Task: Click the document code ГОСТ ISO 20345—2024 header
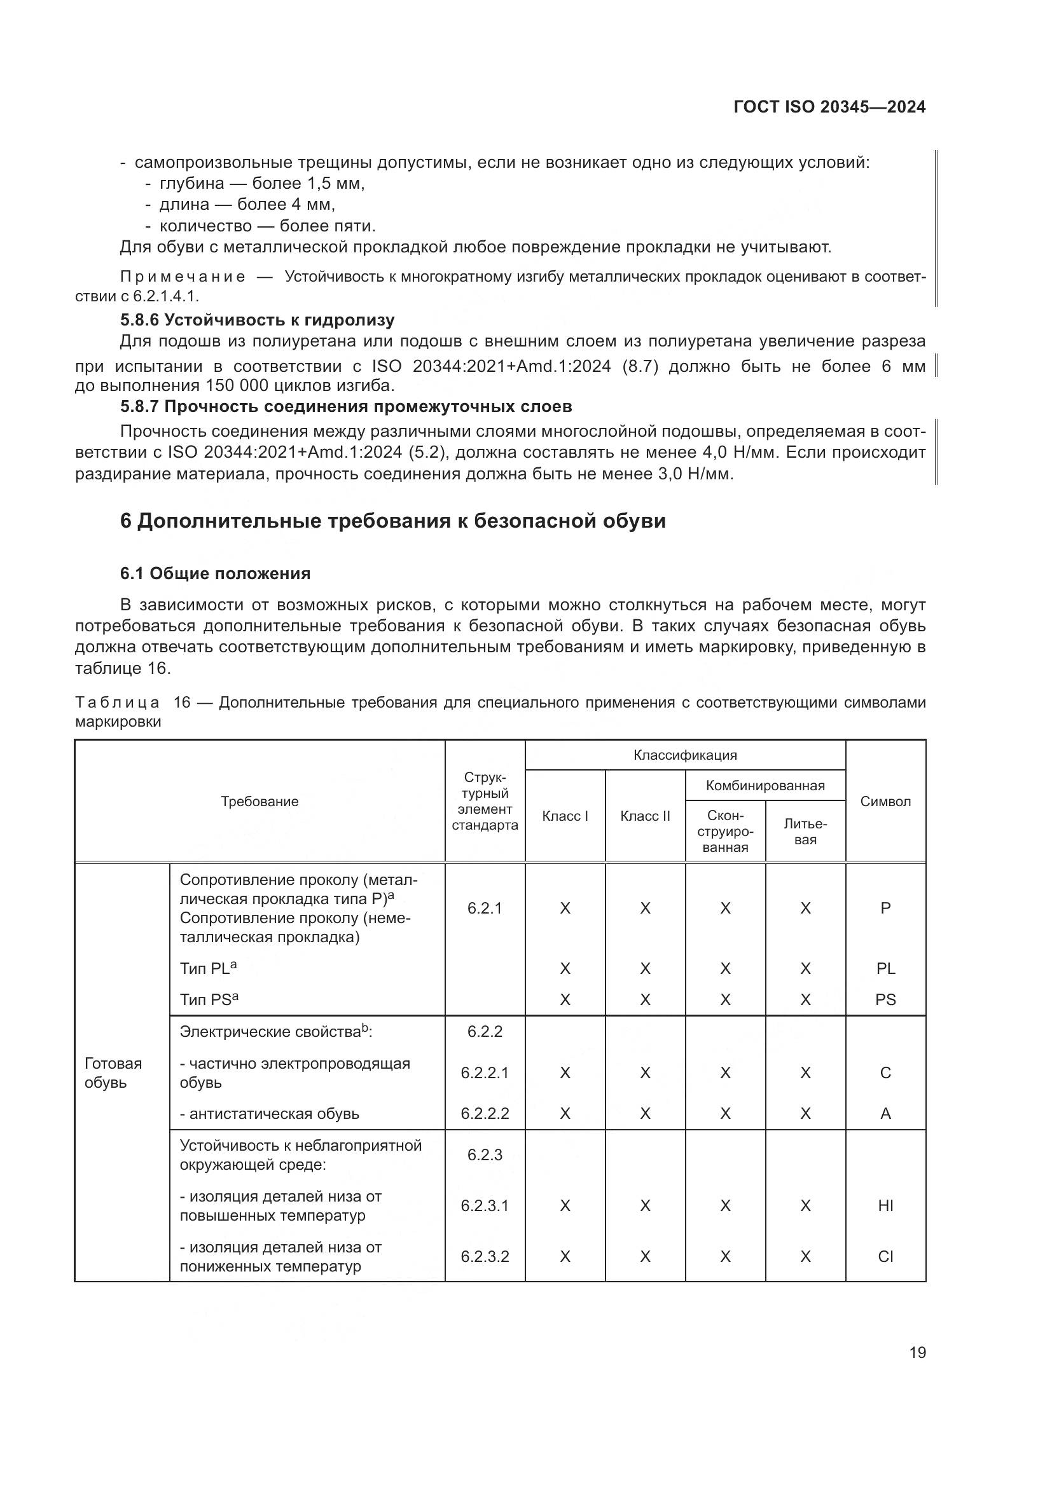point(829,107)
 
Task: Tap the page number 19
point(917,1352)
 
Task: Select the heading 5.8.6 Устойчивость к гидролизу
point(257,320)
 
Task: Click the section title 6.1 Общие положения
point(215,573)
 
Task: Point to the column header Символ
point(885,801)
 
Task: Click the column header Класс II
point(644,816)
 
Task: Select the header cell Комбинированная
point(765,786)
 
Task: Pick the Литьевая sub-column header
point(805,832)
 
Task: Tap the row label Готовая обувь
point(113,1072)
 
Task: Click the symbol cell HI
point(885,1205)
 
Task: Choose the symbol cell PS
point(885,999)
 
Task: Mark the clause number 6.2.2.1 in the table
point(485,1072)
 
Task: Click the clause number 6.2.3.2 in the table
point(485,1256)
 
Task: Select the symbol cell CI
point(885,1256)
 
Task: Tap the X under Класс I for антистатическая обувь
point(565,1113)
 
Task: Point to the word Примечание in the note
point(183,277)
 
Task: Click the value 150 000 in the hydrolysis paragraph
point(235,386)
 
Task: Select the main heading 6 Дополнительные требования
point(392,521)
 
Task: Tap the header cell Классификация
point(685,755)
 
